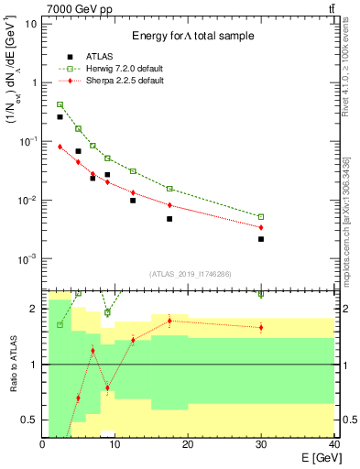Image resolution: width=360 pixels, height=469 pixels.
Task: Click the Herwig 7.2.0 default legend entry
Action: pos(115,68)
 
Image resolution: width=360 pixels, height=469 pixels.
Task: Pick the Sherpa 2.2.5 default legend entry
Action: pos(114,81)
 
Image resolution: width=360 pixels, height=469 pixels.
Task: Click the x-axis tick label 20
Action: pos(188,444)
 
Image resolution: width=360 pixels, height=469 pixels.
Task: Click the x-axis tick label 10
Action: pos(115,444)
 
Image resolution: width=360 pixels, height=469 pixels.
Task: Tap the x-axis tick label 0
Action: pos(43,444)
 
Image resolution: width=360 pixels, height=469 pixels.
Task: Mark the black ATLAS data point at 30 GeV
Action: pos(261,239)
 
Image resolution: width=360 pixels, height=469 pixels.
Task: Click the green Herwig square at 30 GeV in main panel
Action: pos(261,217)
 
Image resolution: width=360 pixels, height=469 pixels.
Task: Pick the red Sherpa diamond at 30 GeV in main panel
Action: pos(261,227)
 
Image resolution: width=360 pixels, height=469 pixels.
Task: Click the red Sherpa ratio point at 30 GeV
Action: pos(261,327)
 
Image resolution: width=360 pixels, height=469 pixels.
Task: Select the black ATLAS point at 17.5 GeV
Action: pos(170,219)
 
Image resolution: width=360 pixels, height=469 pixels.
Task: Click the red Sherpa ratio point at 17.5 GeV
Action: pos(170,321)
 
